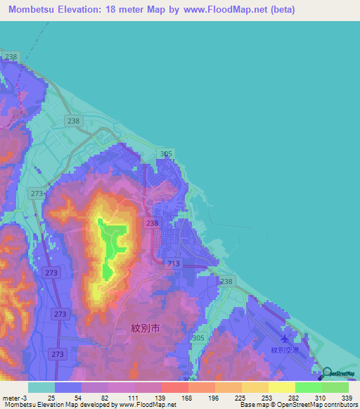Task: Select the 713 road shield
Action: coord(174,264)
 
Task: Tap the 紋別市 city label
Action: coord(146,327)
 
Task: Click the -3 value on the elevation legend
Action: coord(24,398)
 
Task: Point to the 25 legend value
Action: coord(51,398)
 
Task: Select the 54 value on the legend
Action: coord(77,398)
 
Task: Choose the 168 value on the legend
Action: coord(186,398)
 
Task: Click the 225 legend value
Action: coord(240,398)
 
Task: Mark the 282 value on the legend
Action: coord(295,398)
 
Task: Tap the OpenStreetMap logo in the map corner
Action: coord(339,374)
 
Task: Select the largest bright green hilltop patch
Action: coord(112,235)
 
